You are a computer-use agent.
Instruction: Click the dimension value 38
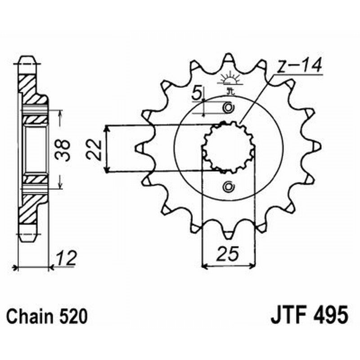[x=65, y=150]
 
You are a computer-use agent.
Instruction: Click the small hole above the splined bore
[x=229, y=108]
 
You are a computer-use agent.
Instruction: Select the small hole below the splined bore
[x=229, y=187]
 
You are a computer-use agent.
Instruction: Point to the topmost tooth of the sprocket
[x=229, y=58]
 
